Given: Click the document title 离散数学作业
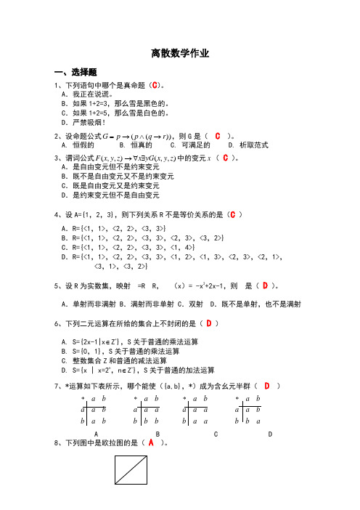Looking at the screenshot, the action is (x=180, y=54).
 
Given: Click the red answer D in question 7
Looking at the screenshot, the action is (x=267, y=385).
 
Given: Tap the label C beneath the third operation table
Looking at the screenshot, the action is (x=216, y=434).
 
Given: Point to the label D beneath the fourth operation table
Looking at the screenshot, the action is (x=270, y=434).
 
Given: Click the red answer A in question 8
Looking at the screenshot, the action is (x=151, y=442).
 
